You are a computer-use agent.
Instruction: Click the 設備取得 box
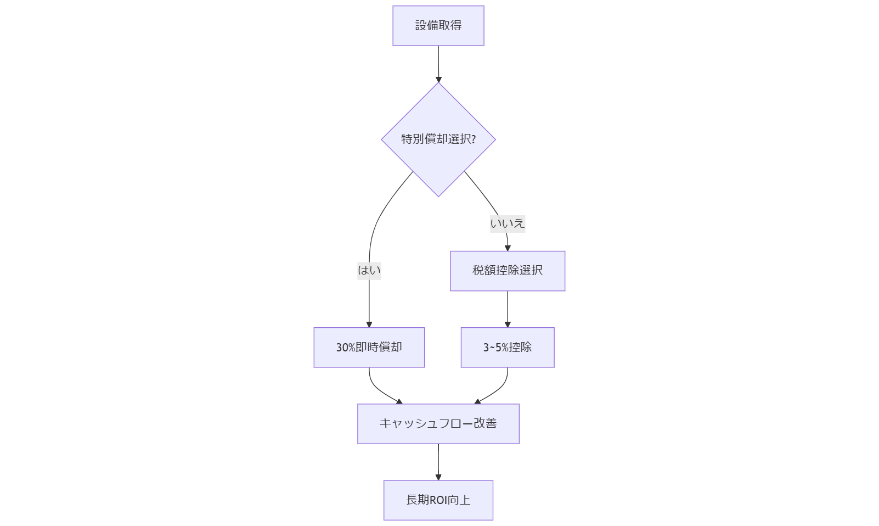coord(438,26)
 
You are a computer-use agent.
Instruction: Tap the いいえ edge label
coord(507,223)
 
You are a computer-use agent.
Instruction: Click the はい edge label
coord(369,270)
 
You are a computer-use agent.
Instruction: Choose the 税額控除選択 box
coord(507,271)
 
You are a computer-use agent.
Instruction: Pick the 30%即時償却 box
coord(369,347)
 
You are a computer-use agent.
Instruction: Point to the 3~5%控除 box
coord(507,347)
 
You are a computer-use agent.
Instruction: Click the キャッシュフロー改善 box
coord(438,423)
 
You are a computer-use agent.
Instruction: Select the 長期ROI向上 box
coord(438,500)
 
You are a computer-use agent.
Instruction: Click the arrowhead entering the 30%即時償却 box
coord(369,324)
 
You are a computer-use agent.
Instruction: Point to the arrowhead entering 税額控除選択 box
coord(508,248)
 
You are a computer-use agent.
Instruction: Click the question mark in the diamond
coord(474,139)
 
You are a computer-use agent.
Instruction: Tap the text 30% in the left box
coord(346,348)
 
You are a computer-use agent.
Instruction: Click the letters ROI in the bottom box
coord(438,500)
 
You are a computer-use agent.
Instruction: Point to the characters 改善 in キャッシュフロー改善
coord(485,423)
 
